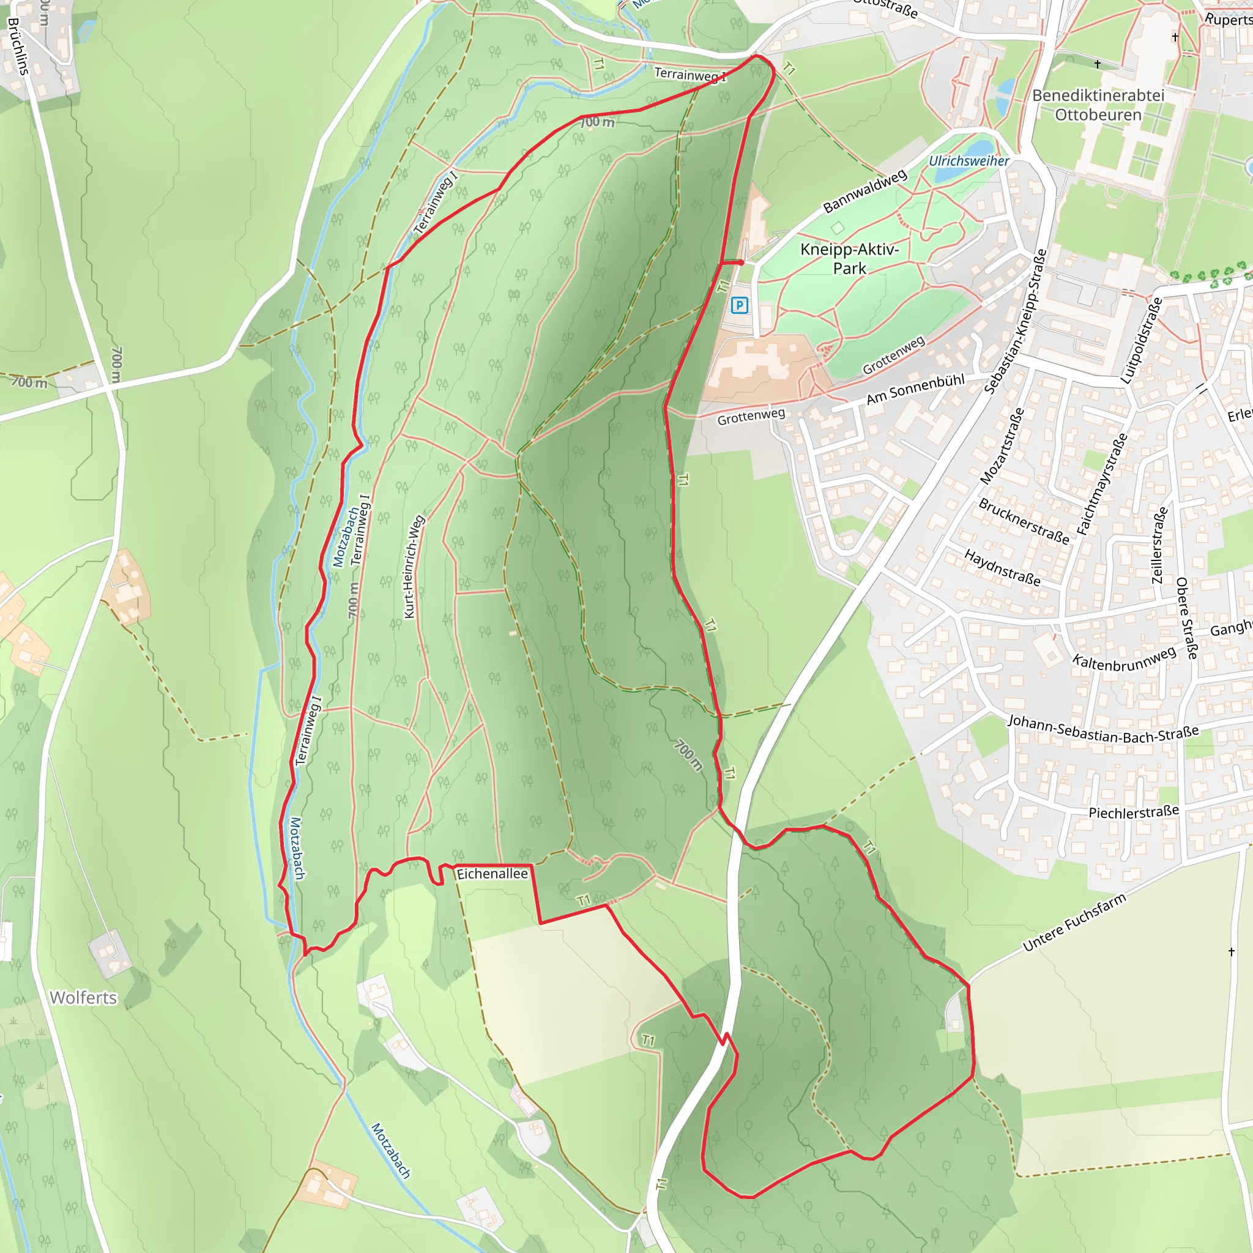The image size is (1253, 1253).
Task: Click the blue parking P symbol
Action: [738, 305]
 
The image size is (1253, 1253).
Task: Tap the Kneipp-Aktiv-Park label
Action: [849, 259]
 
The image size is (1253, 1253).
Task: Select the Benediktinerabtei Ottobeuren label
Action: [1098, 105]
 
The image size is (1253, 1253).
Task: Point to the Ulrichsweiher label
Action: [969, 161]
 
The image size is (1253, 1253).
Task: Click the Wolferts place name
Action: [83, 998]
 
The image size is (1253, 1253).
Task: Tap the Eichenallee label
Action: [493, 874]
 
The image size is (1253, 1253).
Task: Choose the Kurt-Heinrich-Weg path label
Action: [413, 567]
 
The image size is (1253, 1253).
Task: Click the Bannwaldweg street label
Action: [865, 191]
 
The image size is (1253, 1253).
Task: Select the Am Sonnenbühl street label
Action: [915, 389]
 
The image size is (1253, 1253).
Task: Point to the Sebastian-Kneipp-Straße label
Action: [1016, 322]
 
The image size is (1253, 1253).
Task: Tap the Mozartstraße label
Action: [1002, 446]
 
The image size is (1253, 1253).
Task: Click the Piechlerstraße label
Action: [1134, 812]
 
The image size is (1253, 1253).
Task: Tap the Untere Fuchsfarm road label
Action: [1074, 923]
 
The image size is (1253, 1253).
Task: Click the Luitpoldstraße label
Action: [1141, 341]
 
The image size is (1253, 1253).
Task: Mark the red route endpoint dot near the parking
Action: [741, 262]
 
